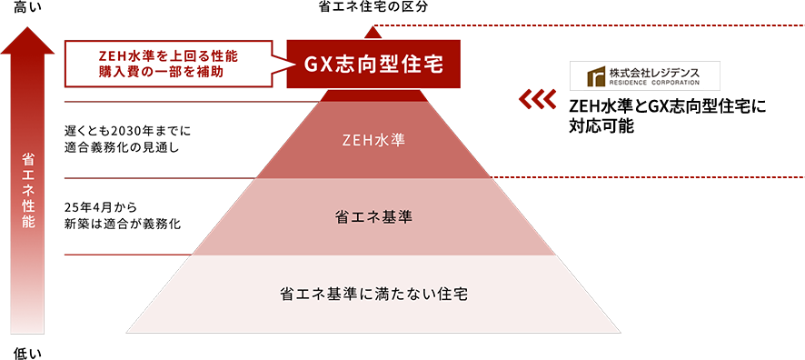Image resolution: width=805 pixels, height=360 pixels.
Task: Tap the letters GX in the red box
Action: pos(315,65)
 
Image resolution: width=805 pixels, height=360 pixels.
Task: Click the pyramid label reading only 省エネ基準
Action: pos(374,217)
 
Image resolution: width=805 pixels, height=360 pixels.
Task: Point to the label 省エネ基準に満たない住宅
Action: pos(373,295)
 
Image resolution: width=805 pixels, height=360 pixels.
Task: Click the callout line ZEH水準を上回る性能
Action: pos(169,55)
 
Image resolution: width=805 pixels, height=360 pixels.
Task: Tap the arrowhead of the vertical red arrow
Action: pos(28,41)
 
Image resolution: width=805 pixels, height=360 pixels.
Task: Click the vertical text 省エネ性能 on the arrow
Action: pos(28,191)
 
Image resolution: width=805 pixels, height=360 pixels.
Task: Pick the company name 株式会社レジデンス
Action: pos(655,70)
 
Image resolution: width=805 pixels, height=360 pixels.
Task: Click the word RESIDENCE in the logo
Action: pos(626,83)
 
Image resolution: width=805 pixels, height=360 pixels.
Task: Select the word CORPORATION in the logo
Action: pos(676,83)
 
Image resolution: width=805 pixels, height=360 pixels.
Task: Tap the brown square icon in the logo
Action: pos(595,75)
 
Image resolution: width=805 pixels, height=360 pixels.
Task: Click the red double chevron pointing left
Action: pos(536,97)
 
